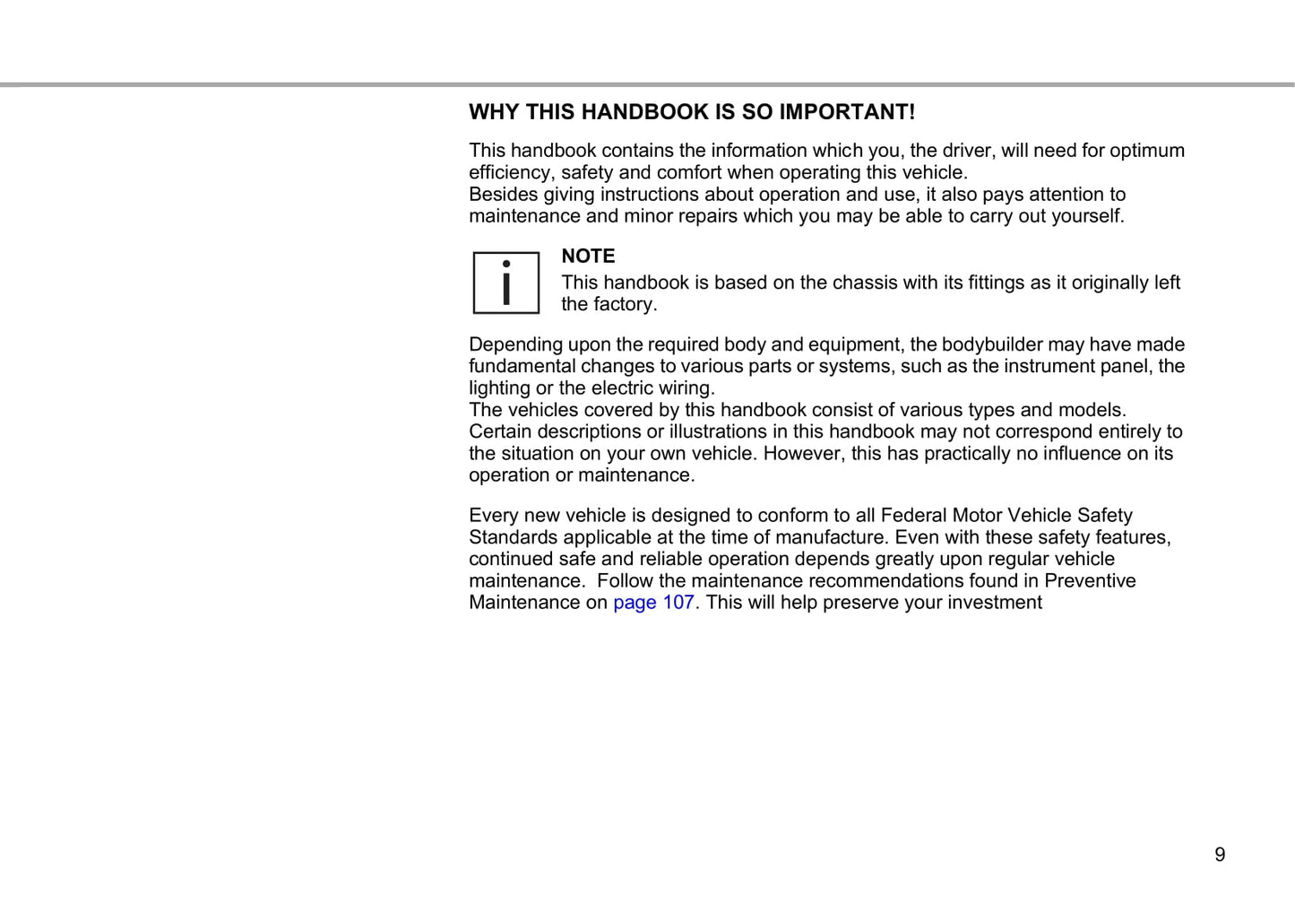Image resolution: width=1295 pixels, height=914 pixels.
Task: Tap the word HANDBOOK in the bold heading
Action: tap(633, 112)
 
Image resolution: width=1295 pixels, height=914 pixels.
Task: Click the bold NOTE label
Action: tap(588, 257)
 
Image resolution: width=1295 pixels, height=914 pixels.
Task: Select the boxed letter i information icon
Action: tap(506, 283)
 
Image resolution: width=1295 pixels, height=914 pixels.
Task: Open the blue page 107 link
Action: tap(653, 603)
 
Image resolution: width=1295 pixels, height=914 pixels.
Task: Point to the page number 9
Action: tap(1219, 855)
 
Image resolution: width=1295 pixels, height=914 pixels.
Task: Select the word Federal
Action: tap(913, 516)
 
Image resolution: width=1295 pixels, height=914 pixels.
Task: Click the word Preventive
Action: tap(1090, 581)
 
